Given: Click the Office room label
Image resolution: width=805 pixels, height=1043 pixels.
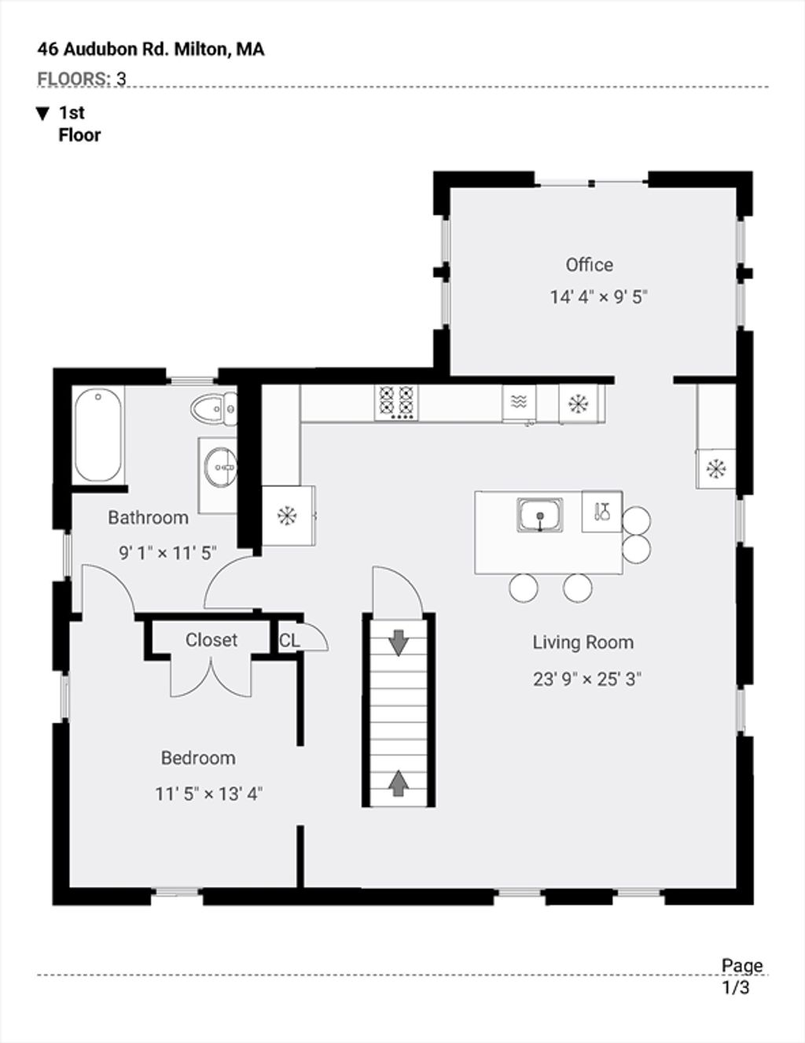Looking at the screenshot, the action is click(589, 265).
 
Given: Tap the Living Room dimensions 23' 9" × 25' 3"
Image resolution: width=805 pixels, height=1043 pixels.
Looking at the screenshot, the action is click(587, 679).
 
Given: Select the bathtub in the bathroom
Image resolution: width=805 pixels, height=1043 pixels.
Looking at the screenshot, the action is click(97, 435).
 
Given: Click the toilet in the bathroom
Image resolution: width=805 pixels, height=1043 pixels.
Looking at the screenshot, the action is click(214, 410).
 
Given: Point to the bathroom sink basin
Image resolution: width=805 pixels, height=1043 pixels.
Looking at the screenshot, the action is click(220, 466).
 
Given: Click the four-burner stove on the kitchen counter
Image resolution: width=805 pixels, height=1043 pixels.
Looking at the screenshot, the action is click(396, 403).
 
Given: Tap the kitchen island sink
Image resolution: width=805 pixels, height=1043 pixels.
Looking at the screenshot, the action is click(540, 515).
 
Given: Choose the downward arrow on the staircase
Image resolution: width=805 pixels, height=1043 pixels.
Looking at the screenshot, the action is click(399, 642).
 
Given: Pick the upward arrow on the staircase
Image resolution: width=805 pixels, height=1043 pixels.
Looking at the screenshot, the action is click(399, 783).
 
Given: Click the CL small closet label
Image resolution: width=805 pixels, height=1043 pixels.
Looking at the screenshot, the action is click(289, 640).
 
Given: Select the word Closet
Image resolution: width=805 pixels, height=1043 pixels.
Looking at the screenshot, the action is click(211, 639).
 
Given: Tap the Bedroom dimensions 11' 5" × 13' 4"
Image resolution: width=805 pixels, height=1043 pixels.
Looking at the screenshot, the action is click(208, 794).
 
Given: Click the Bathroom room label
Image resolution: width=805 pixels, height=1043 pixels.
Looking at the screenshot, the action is click(149, 518).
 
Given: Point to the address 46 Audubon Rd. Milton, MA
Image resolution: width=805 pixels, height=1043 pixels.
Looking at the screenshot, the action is click(151, 50).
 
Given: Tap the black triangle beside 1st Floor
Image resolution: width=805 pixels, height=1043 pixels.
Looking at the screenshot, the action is click(42, 114).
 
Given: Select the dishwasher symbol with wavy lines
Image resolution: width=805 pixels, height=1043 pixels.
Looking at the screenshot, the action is click(519, 402).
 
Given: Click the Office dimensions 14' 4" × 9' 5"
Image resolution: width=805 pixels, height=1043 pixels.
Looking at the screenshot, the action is click(599, 297).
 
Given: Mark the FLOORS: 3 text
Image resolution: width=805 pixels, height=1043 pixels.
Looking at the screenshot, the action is click(82, 79).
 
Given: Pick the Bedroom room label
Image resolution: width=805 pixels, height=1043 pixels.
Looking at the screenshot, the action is click(198, 758).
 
